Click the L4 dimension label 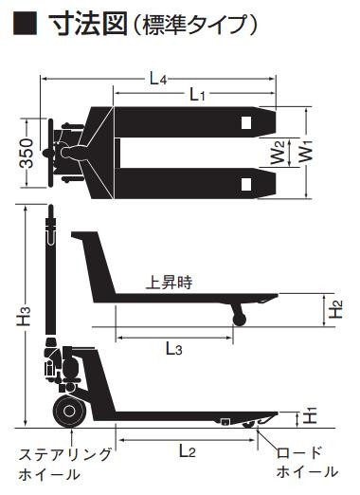point(158,79)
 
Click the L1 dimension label point(197,95)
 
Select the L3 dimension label point(174,349)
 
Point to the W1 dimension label point(306,152)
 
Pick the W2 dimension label point(278,153)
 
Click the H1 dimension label point(310,415)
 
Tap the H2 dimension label point(335,309)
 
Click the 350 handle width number point(27,153)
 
